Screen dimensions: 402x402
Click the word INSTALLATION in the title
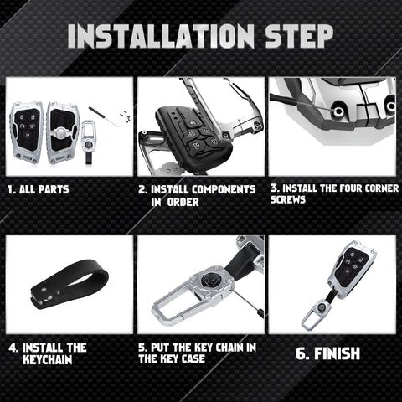point(161,36)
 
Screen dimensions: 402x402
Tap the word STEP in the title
point(299,36)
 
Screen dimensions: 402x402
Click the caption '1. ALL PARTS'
point(39,189)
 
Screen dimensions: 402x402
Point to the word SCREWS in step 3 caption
point(288,199)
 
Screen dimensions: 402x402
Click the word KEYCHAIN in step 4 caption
point(48,359)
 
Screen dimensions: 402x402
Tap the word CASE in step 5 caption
point(193,358)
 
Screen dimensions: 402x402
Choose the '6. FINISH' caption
point(327,353)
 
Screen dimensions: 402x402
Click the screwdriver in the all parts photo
point(104,116)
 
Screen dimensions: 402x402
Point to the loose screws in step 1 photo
point(126,115)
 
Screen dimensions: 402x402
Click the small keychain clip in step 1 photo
point(88,142)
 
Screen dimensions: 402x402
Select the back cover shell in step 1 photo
point(62,132)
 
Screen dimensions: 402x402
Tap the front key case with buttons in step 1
point(26,132)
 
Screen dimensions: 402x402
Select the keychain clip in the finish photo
point(317,313)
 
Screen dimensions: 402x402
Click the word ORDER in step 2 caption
point(183,202)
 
